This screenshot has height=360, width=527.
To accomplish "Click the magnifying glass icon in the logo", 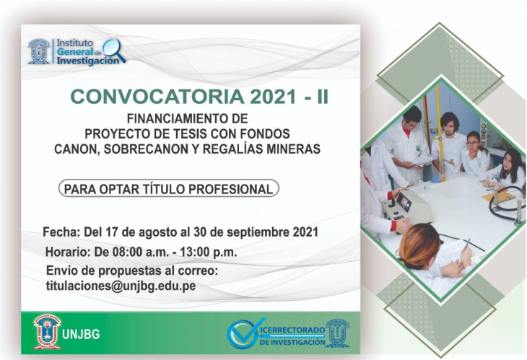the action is tap(114, 51).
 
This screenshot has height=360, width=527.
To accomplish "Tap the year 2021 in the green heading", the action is tap(273, 97).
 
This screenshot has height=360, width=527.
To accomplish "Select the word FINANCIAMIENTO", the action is tap(176, 118).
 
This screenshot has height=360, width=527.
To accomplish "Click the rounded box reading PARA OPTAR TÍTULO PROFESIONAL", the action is tap(169, 188).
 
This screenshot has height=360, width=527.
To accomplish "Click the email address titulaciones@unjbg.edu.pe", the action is tap(121, 286).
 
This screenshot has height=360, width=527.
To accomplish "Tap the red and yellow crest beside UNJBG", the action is tap(47, 332).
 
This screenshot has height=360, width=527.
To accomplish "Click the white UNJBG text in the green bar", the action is tap(81, 335).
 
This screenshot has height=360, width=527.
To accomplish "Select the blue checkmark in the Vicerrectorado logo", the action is tap(245, 333).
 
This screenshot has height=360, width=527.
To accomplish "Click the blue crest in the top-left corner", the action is tap(39, 51).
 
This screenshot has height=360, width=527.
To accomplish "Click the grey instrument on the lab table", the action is tap(406, 207).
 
